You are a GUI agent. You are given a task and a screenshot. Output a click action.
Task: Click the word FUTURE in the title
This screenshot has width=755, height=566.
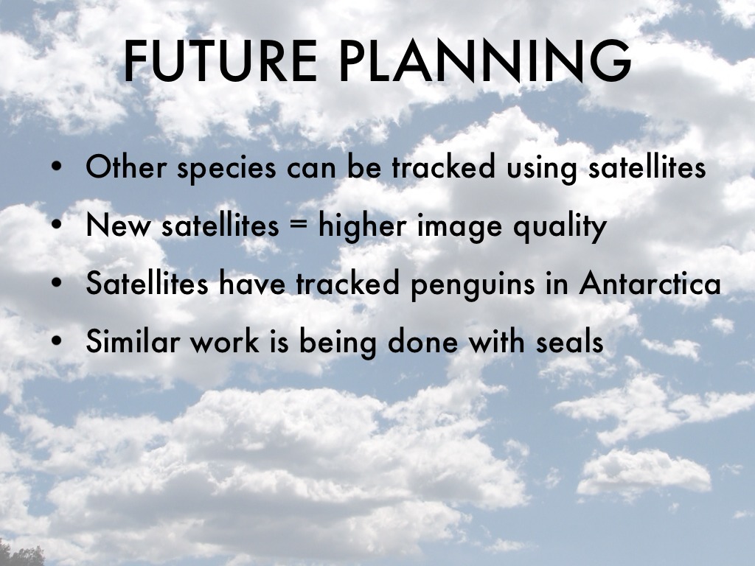click(x=220, y=61)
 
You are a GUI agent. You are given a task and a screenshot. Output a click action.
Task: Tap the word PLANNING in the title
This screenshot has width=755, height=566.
click(x=485, y=61)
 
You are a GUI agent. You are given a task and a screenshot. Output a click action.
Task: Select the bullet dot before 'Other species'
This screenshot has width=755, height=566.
click(x=56, y=167)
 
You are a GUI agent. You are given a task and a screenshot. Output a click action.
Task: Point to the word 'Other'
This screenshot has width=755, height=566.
click(x=126, y=167)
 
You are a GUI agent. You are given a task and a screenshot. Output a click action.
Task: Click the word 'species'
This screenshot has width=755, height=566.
click(x=227, y=169)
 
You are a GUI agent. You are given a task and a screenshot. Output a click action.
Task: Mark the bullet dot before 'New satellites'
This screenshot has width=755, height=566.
click(x=56, y=224)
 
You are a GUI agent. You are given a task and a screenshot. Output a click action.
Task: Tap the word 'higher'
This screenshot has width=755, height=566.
click(x=362, y=227)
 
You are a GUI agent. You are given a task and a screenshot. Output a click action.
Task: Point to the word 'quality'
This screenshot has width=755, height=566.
click(x=560, y=227)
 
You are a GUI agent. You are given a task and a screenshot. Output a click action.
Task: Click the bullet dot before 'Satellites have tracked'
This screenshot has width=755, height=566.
click(x=56, y=283)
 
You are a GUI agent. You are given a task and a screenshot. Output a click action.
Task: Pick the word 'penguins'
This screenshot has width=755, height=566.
click(x=473, y=285)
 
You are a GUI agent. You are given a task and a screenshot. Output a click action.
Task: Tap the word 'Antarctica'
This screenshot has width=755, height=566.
click(x=650, y=283)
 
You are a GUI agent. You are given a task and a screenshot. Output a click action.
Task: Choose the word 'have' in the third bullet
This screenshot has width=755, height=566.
click(x=253, y=282)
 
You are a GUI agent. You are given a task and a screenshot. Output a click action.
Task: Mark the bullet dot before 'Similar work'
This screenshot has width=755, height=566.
click(x=56, y=340)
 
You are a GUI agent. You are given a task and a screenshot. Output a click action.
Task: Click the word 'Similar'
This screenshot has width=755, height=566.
click(x=133, y=340)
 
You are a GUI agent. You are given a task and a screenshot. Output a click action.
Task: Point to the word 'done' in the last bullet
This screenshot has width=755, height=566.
click(x=422, y=341)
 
